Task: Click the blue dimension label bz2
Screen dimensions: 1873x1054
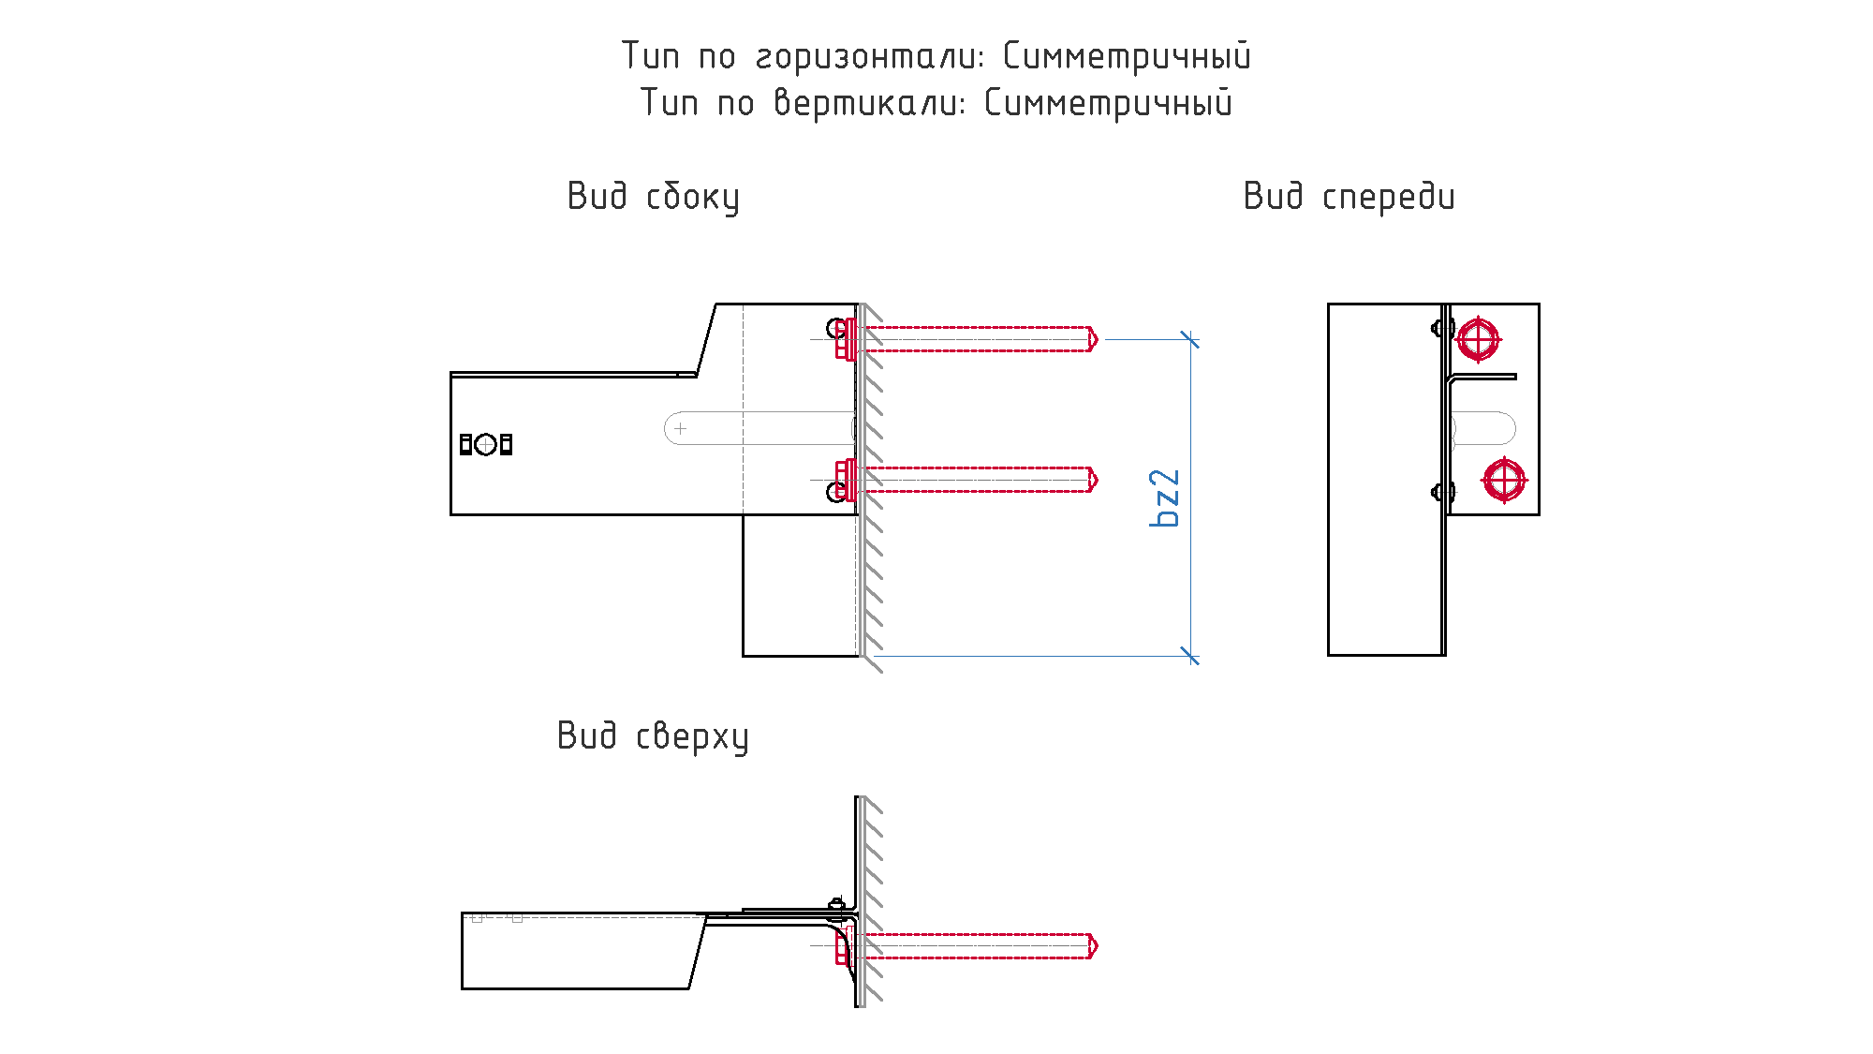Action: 1165,498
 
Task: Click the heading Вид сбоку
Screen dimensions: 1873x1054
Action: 654,197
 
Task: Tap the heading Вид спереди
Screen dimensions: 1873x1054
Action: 1349,197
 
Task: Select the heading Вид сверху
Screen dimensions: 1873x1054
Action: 653,736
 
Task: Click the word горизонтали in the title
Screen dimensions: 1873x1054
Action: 870,57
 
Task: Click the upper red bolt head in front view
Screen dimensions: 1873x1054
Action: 1478,339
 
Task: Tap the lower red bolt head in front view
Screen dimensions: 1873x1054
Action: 1504,480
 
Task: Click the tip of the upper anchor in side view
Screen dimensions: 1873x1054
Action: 1097,339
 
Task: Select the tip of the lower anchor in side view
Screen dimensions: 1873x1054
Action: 1097,480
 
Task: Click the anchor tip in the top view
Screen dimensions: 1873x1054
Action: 1097,946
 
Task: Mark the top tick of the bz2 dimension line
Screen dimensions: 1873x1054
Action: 1190,339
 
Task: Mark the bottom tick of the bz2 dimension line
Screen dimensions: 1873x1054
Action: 1190,656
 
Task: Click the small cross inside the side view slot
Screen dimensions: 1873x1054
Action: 681,428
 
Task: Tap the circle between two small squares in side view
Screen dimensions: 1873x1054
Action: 485,444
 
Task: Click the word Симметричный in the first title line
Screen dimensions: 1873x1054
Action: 1127,57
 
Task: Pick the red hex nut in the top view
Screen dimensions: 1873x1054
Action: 843,946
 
